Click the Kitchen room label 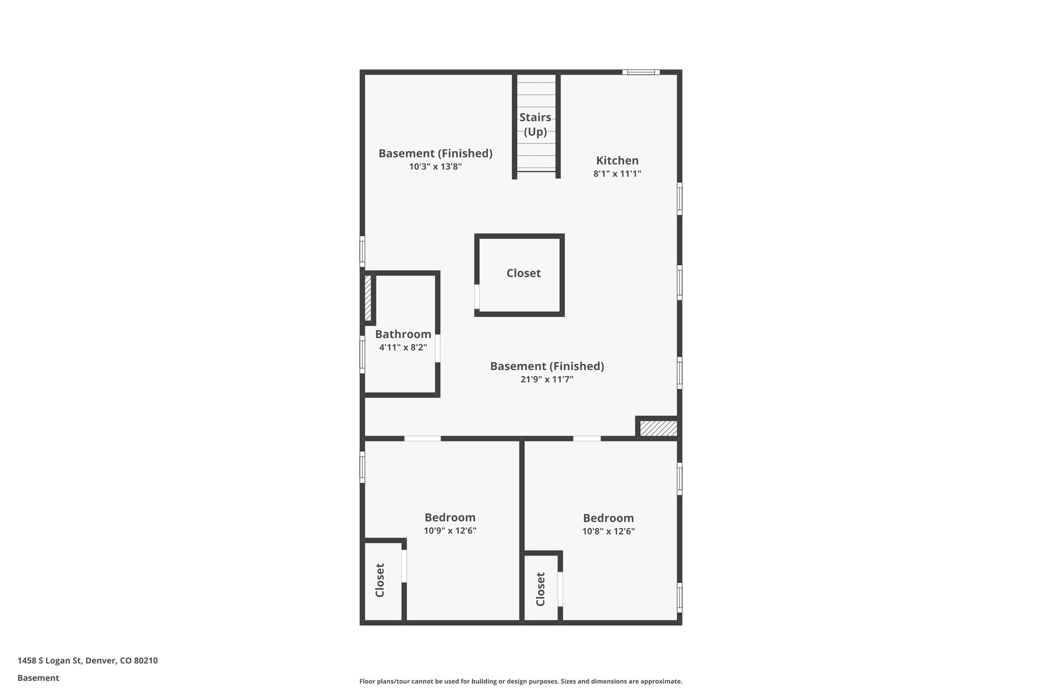click(617, 160)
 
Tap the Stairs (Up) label click(535, 124)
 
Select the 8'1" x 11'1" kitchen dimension click(617, 174)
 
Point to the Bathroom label click(403, 334)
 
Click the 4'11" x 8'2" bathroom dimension click(403, 348)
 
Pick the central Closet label click(524, 273)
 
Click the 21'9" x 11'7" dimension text click(547, 379)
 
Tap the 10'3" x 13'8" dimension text click(435, 166)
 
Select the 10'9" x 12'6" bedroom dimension click(450, 531)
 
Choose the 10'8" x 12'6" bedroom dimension click(609, 532)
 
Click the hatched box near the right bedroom click(658, 428)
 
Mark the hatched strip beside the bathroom click(368, 298)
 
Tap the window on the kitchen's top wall click(641, 72)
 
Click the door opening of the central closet click(477, 296)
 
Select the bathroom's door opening click(438, 348)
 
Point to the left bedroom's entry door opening click(422, 438)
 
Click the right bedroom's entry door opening click(587, 438)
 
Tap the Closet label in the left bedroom click(380, 580)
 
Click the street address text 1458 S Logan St click(88, 660)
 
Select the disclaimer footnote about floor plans click(520, 681)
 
